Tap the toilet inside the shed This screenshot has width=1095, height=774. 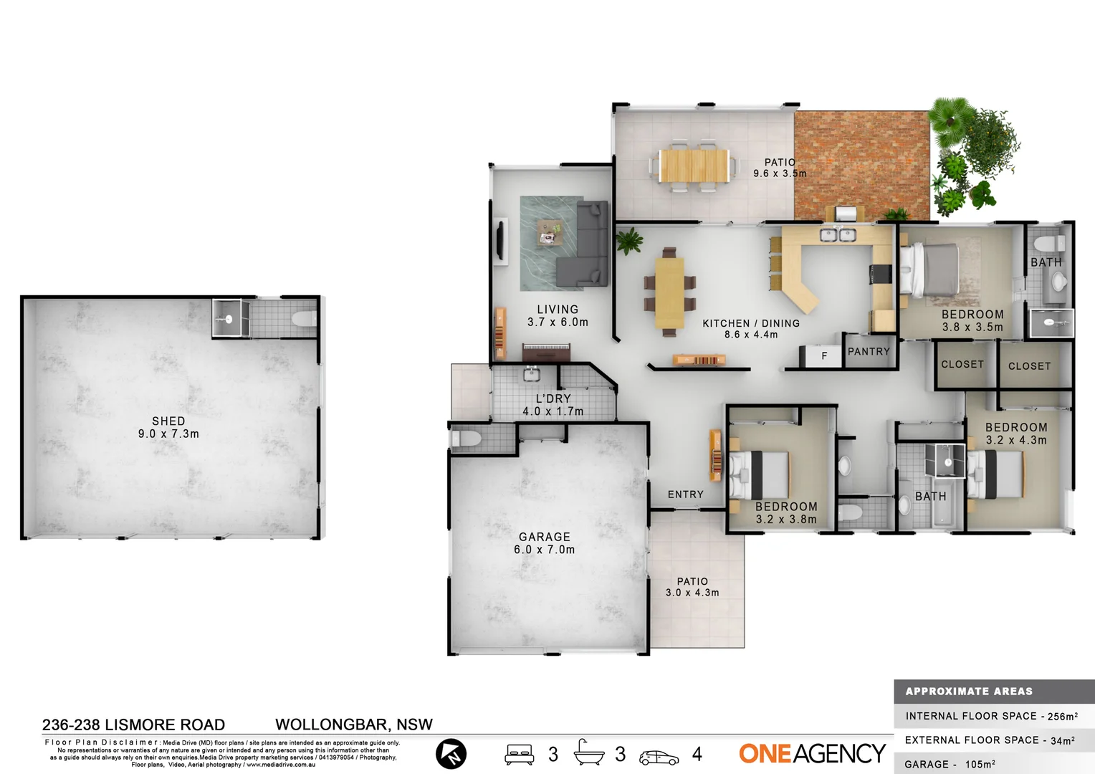pos(305,319)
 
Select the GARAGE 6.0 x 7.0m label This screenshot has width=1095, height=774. pos(544,543)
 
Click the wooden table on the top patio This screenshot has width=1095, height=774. pos(693,166)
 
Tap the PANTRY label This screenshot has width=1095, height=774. pos(869,352)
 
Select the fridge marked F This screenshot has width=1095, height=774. pos(823,355)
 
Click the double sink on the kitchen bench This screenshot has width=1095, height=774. pos(838,235)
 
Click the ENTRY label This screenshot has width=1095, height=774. pos(686,494)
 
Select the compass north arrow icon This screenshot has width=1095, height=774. pos(451,754)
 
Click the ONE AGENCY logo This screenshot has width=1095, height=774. pos(812,754)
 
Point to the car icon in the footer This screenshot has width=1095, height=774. pos(659,757)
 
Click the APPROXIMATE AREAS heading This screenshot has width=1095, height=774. pos(969,692)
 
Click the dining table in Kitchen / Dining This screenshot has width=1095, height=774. pos(669,292)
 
